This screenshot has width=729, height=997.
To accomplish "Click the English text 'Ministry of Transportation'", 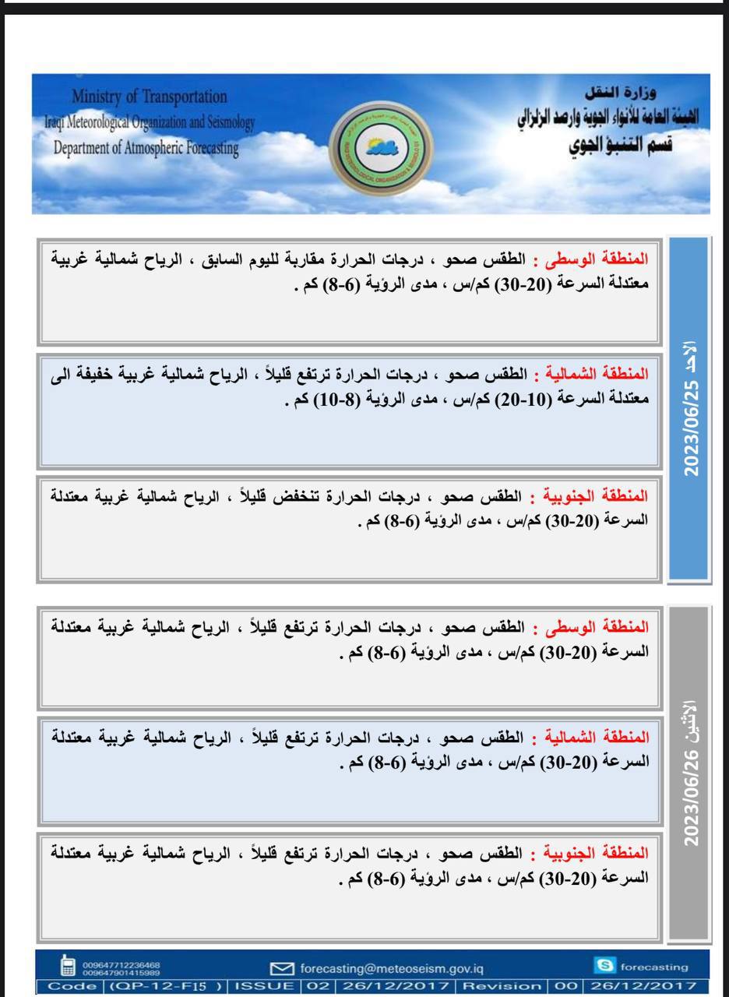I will click(x=150, y=97).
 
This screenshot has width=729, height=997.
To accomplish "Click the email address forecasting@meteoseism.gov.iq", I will click(x=392, y=968).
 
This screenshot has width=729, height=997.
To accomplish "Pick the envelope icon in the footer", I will click(x=281, y=968).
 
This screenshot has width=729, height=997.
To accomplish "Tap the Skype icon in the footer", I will click(x=603, y=967).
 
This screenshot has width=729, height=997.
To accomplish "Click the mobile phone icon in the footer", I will click(x=68, y=967).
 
